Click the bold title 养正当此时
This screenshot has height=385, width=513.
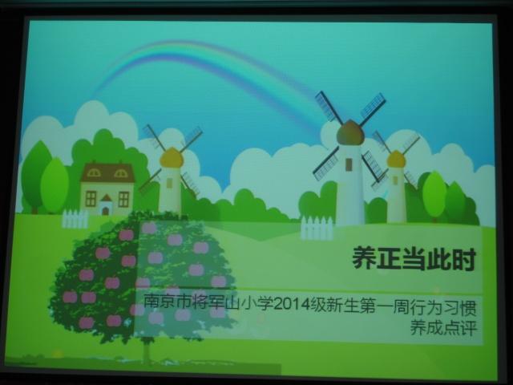coord(414,258)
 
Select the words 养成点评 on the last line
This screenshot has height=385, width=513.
coord(443,327)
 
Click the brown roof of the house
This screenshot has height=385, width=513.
coord(107,172)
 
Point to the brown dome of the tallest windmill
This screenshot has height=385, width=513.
coord(350,132)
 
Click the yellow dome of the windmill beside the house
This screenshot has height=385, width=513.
coord(171,157)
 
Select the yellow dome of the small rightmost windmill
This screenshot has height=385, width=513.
coord(396,159)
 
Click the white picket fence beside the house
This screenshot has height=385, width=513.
coord(75,219)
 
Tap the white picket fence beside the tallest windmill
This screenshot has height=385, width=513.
coord(317,227)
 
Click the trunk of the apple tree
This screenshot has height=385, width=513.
coord(146,351)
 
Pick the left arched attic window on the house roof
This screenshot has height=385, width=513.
coord(94,173)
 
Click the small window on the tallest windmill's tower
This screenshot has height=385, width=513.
coord(349,164)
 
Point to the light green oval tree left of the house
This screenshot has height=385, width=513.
coord(55,185)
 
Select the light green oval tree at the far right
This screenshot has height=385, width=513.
coord(434,194)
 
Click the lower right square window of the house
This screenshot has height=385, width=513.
coord(123,199)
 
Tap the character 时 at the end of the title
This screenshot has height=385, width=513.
coord(463,259)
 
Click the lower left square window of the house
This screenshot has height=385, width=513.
coord(91,199)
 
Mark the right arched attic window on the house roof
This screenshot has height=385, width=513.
coord(120,173)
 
